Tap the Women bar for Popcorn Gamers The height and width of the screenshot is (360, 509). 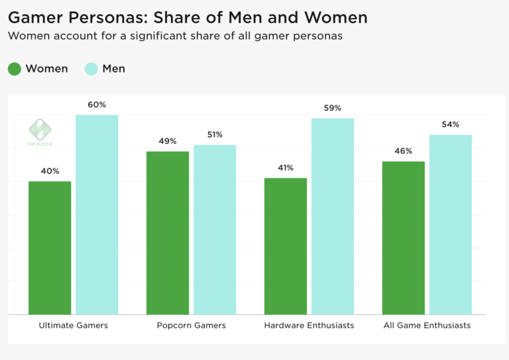point(168,233)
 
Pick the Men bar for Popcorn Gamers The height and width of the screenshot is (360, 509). point(215,229)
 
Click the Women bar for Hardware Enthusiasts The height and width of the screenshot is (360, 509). point(286,246)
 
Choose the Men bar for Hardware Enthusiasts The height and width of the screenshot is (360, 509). point(333,216)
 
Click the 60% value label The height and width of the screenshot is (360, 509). point(97,105)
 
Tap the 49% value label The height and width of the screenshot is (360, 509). point(168,141)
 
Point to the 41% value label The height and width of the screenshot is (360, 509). point(286,168)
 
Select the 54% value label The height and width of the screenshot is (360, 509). point(451,125)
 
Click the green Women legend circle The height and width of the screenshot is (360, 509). point(15,68)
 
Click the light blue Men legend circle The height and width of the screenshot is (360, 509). point(91,68)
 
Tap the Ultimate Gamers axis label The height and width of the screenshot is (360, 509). point(74,326)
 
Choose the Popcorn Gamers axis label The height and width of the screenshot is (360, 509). point(192,326)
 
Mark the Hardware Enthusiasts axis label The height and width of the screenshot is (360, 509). point(309,326)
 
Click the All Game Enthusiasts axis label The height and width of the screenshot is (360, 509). point(427,326)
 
